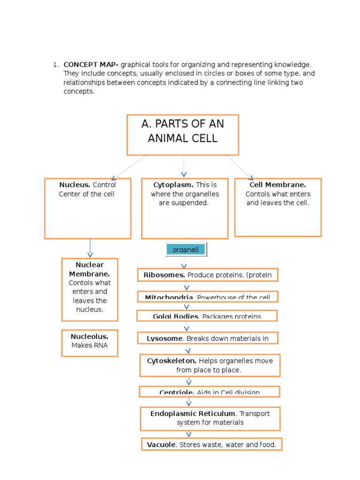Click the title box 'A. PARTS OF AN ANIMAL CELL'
(x=183, y=135)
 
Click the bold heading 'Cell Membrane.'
(x=277, y=185)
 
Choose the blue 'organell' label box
(x=186, y=250)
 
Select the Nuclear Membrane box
(x=90, y=289)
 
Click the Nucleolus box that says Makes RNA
(x=90, y=343)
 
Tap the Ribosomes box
(x=208, y=275)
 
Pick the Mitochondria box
(x=208, y=297)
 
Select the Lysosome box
(x=208, y=338)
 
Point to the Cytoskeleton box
(x=210, y=365)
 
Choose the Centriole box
(x=210, y=391)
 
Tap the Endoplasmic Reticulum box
(x=210, y=418)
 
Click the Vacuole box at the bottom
(x=211, y=444)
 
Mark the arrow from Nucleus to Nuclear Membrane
(x=90, y=248)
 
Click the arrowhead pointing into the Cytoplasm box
(x=184, y=174)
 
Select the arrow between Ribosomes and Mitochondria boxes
(x=187, y=287)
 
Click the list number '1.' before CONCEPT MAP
(x=55, y=65)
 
